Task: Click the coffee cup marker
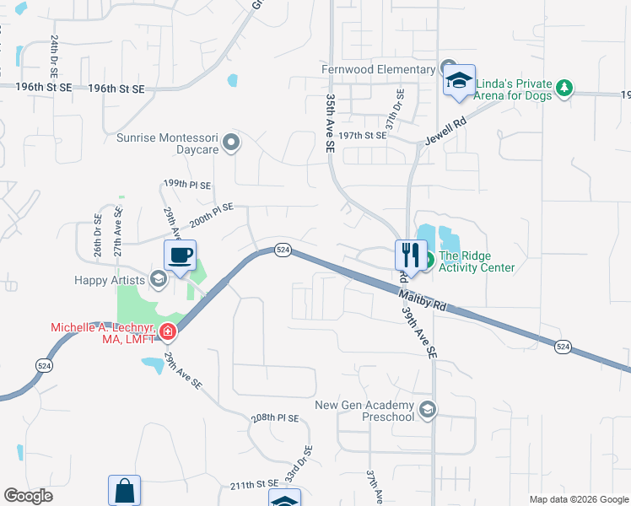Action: point(179,255)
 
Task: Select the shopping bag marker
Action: point(124,490)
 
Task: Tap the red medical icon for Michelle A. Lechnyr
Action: point(168,331)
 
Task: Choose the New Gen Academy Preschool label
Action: point(367,411)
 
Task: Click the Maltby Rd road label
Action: point(422,302)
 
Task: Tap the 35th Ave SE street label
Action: point(330,123)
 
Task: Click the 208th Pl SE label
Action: point(275,418)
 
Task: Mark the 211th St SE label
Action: point(254,483)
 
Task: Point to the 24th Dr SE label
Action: point(55,51)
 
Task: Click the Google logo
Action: point(28,496)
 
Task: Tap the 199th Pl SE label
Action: point(187,183)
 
